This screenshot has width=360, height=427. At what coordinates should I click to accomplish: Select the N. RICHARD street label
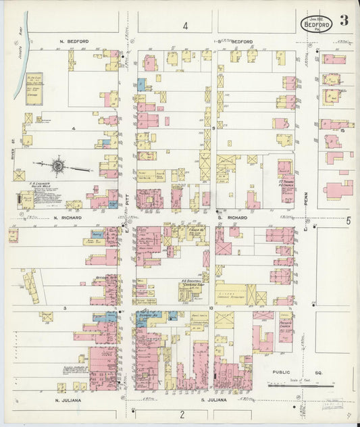pos(68,218)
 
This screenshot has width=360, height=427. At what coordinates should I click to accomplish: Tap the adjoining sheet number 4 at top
pos(184,26)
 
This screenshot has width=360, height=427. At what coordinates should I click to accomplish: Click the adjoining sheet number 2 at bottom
pos(182,413)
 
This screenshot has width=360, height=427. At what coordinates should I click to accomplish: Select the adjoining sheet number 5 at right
pos(349,220)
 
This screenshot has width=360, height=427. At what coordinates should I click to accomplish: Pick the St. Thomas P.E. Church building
pos(286,180)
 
